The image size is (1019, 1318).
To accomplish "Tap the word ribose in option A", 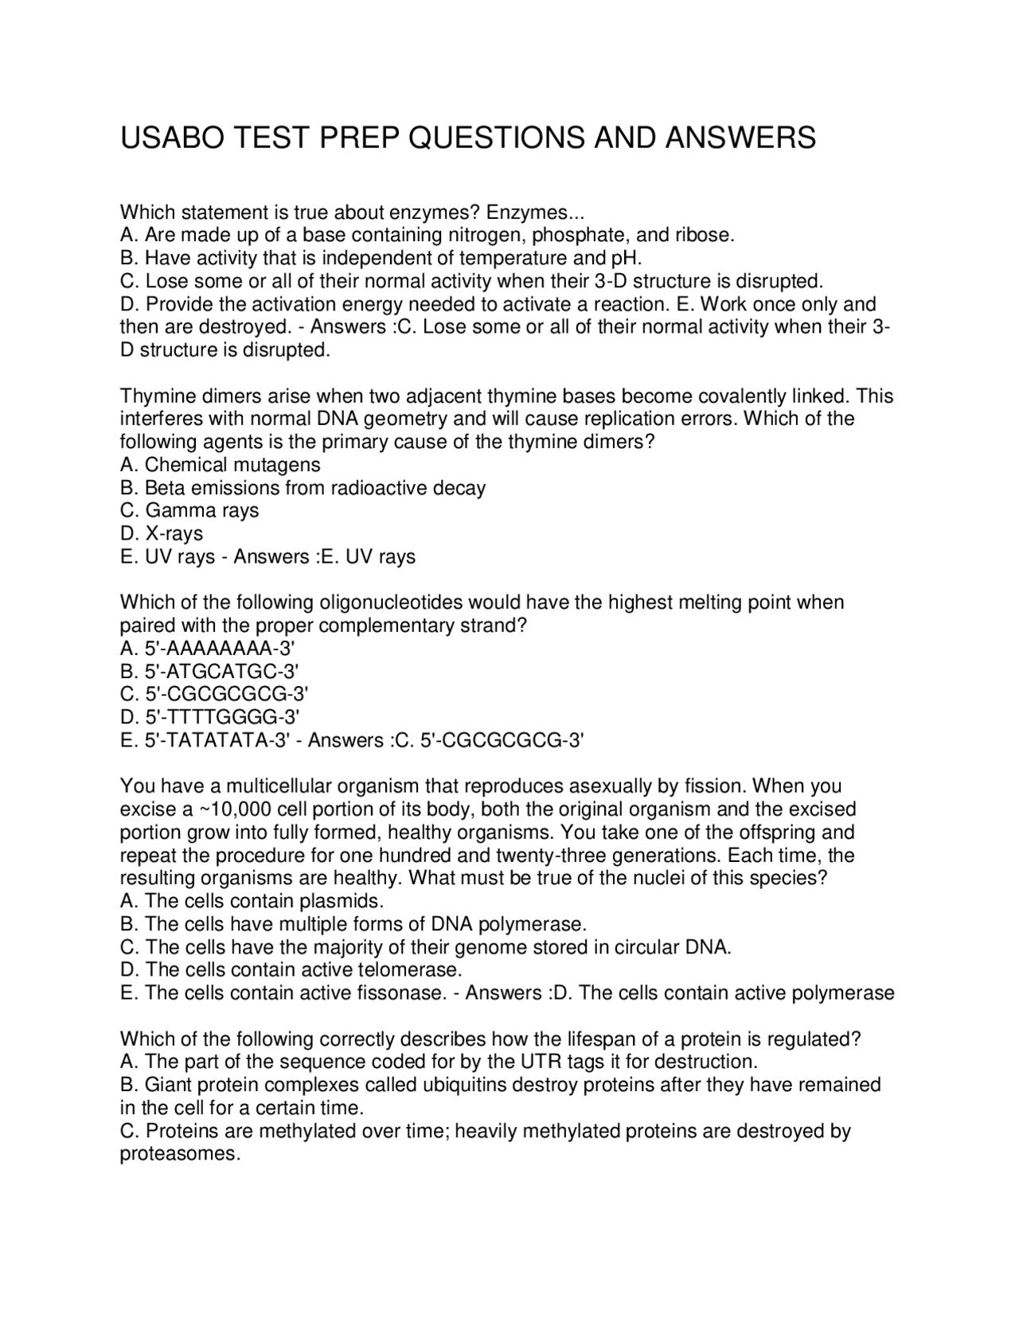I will coord(704,235).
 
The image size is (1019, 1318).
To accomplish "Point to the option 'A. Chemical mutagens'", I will coord(220,465).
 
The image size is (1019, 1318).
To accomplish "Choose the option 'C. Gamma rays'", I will coord(189,510).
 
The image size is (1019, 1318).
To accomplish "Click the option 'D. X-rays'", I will coord(162,533).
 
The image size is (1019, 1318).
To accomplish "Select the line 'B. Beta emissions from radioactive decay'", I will coord(303,488).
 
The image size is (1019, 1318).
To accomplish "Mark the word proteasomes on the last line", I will coord(180,1154).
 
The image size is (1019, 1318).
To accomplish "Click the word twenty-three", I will coord(552,856).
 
